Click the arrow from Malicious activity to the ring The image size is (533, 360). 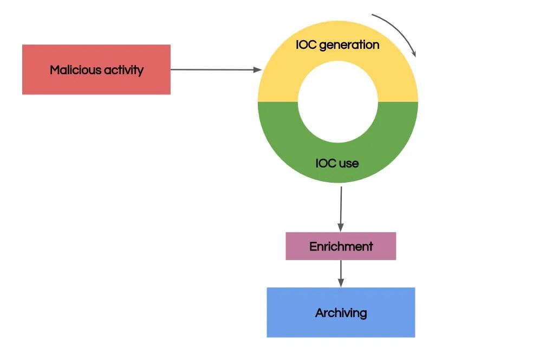click(x=214, y=69)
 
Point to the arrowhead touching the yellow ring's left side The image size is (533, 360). click(x=258, y=70)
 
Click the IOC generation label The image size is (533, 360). click(x=337, y=44)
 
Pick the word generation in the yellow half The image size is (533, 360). click(x=349, y=45)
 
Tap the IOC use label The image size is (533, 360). click(x=337, y=163)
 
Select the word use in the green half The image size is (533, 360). click(x=349, y=163)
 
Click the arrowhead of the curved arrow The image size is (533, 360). click(x=415, y=53)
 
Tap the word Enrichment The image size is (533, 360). click(x=341, y=247)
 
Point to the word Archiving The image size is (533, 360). click(x=341, y=313)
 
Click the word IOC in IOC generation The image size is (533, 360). click(x=306, y=44)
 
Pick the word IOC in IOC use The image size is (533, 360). click(x=326, y=163)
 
